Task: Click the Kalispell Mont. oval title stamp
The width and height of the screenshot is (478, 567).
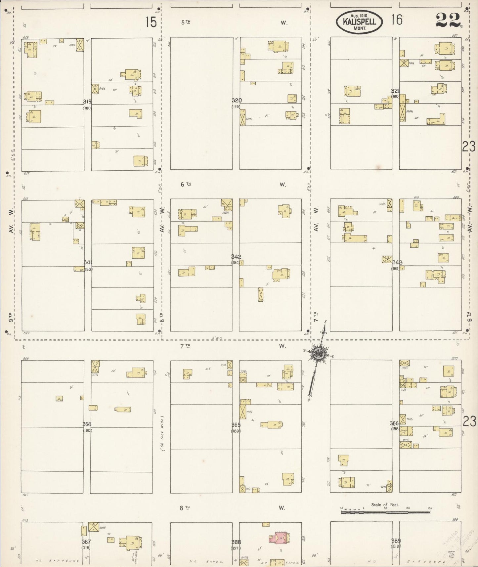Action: [x=359, y=22]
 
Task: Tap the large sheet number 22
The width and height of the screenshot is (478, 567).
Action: [x=448, y=20]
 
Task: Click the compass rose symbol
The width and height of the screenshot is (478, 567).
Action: [x=318, y=354]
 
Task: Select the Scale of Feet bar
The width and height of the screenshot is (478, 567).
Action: [x=385, y=512]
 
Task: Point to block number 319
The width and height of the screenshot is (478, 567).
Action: [x=87, y=102]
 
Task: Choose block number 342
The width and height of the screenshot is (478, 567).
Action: [x=236, y=257]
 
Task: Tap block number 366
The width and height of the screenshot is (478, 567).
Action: [x=394, y=423]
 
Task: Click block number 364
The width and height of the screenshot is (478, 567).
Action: [x=87, y=424]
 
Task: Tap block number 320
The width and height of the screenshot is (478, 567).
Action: [x=237, y=101]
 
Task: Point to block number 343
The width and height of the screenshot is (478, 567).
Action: [x=397, y=262]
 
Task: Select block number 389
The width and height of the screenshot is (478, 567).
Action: [x=396, y=541]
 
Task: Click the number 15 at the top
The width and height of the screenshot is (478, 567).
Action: [x=151, y=22]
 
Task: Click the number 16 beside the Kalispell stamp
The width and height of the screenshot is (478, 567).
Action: [x=397, y=20]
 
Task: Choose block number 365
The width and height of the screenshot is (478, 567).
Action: [x=236, y=425]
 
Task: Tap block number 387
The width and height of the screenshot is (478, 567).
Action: [x=86, y=542]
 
